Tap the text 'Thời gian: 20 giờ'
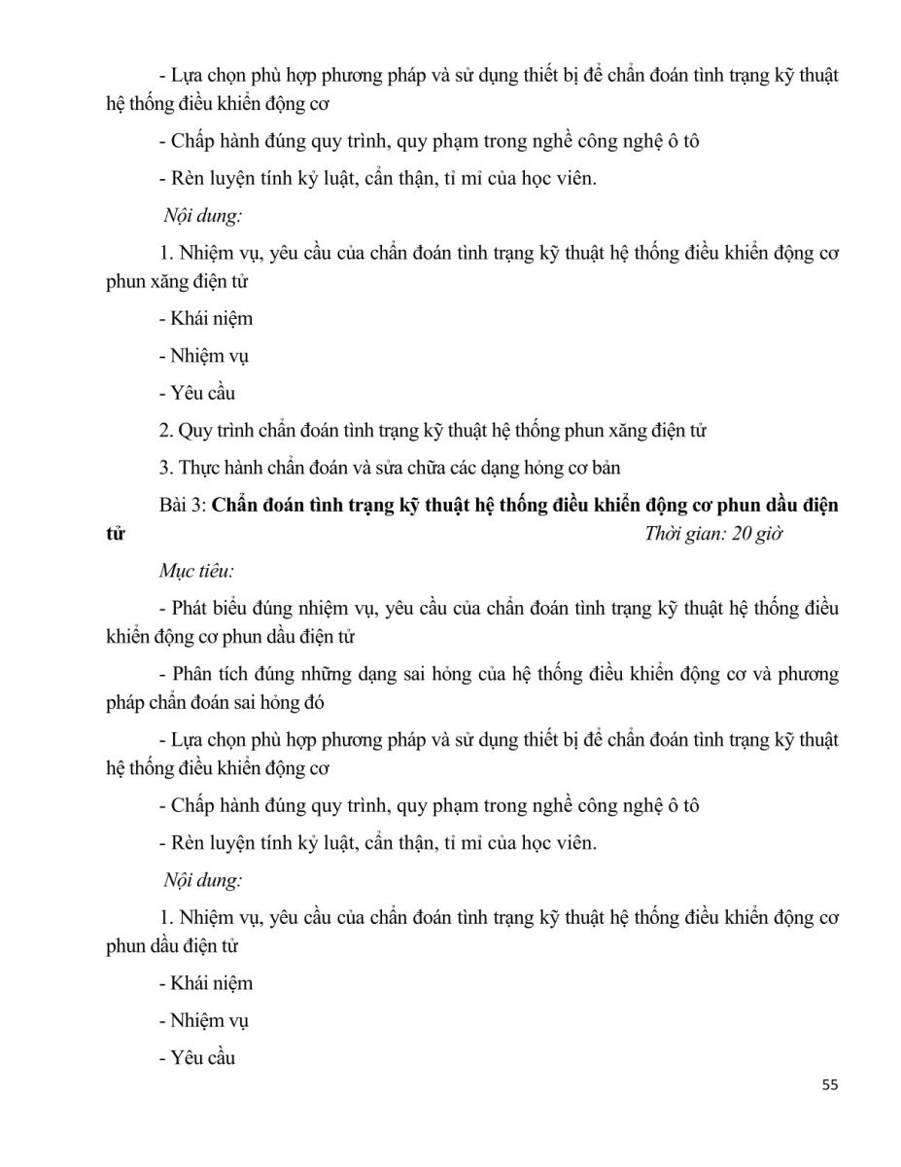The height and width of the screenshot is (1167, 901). click(713, 534)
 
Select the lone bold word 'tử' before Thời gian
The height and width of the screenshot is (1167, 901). click(115, 534)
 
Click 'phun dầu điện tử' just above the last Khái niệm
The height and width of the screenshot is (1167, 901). click(172, 945)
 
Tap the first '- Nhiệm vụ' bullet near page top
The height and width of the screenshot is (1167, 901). click(203, 356)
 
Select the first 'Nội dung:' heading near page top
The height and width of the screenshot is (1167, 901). click(202, 216)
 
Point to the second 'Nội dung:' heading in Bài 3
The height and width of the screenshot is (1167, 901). click(202, 880)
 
